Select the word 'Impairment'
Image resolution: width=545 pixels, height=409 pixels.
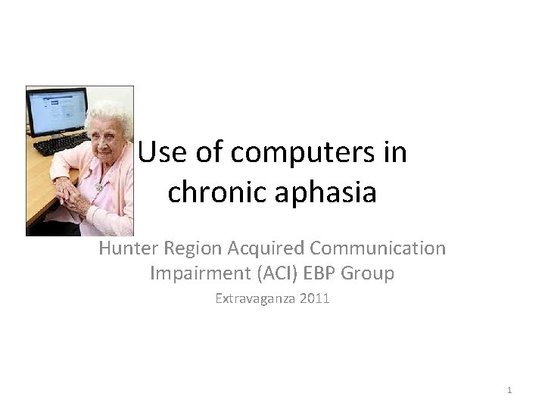tap(204, 273)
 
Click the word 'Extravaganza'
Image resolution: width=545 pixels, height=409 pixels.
tap(254, 298)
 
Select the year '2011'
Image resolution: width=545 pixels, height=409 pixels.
tap(314, 298)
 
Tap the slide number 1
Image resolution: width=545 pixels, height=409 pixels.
tap(509, 390)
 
